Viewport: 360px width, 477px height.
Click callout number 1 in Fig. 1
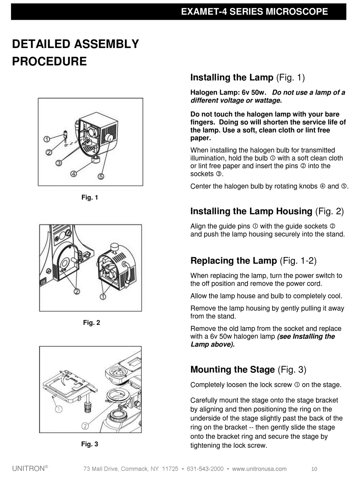(46, 139)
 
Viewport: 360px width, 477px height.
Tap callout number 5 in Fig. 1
(101, 176)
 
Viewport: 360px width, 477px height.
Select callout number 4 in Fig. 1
(74, 174)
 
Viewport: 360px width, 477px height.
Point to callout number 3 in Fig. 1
(59, 163)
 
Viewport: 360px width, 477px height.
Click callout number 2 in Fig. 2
(77, 291)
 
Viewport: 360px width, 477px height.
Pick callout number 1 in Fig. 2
(103, 296)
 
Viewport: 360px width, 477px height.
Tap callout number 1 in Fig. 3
(59, 409)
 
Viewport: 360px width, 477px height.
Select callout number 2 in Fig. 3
(85, 426)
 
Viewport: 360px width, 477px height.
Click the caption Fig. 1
(90, 197)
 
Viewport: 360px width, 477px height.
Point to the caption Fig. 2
(91, 323)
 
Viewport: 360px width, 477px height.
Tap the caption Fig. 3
(90, 444)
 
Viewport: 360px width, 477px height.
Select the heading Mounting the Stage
(232, 369)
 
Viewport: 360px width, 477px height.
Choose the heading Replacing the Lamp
(233, 261)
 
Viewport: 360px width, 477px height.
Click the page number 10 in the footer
(314, 469)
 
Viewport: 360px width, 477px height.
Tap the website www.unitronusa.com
(259, 469)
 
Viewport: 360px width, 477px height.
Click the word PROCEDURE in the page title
(50, 61)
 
